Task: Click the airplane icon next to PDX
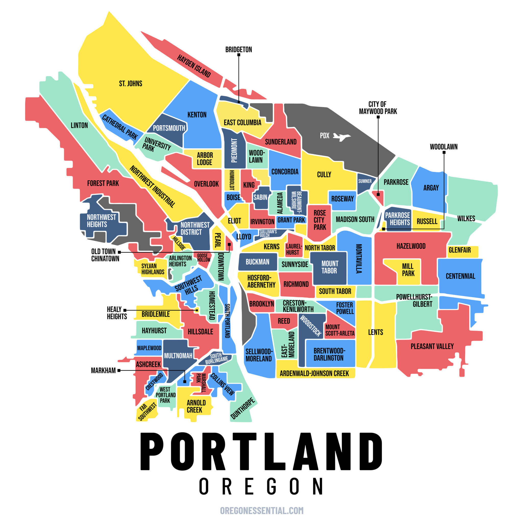pyautogui.click(x=342, y=136)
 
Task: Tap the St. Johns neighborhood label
pyautogui.click(x=130, y=83)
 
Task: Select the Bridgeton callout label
pyautogui.click(x=239, y=50)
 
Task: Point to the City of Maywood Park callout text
pyautogui.click(x=378, y=108)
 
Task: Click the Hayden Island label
pyautogui.click(x=194, y=66)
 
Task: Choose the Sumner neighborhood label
pyautogui.click(x=365, y=181)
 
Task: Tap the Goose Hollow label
pyautogui.click(x=203, y=257)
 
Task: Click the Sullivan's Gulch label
pyautogui.click(x=268, y=233)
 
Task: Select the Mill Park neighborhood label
pyautogui.click(x=408, y=270)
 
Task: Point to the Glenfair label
pyautogui.click(x=460, y=250)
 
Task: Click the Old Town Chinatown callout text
pyautogui.click(x=105, y=255)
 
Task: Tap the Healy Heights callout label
pyautogui.click(x=117, y=313)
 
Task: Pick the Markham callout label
pyautogui.click(x=103, y=370)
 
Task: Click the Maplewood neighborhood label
pyautogui.click(x=149, y=348)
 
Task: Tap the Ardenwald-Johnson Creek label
pyautogui.click(x=314, y=374)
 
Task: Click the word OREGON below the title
pyautogui.click(x=261, y=486)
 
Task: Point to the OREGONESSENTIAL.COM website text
pyautogui.click(x=262, y=510)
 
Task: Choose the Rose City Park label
pyautogui.click(x=320, y=220)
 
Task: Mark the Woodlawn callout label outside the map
pyautogui.click(x=444, y=147)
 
